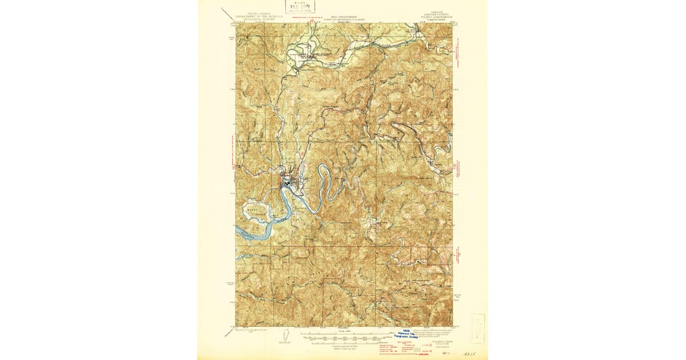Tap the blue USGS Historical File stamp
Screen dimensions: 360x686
[x=407, y=336]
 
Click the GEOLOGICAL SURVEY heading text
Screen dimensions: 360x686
[x=256, y=18]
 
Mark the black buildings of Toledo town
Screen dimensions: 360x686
[x=285, y=183]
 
